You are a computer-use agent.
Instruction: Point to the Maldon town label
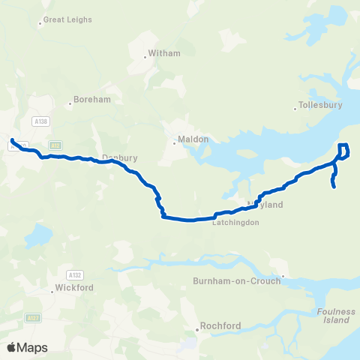click(187, 139)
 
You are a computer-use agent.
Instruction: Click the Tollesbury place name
click(320, 105)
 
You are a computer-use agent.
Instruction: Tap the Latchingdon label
click(235, 223)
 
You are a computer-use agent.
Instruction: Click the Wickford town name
click(73, 288)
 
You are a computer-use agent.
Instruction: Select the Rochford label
click(220, 326)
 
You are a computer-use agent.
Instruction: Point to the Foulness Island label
click(334, 316)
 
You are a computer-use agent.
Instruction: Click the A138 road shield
click(40, 120)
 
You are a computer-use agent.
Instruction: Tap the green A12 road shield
click(55, 145)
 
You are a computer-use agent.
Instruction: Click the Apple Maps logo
click(27, 347)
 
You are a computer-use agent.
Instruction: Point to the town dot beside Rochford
click(200, 326)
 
